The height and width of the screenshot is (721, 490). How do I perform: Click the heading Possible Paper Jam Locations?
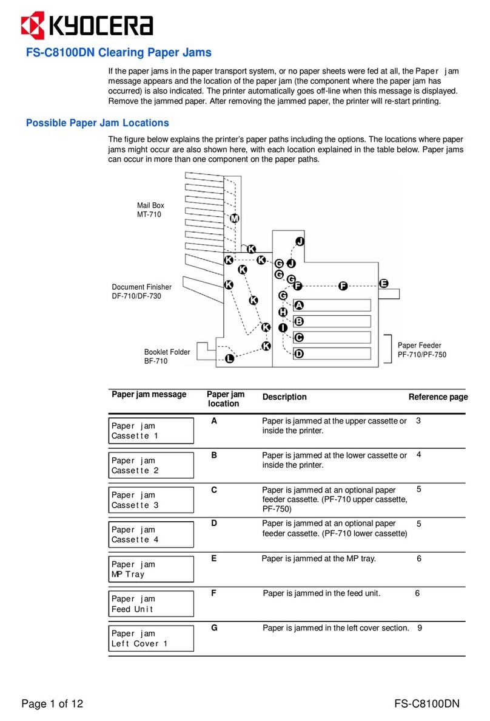[97, 123]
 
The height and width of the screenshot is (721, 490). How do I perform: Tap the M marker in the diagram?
[235, 219]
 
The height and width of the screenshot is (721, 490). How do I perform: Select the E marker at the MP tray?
[383, 283]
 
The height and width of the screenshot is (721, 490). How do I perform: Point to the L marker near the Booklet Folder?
[229, 359]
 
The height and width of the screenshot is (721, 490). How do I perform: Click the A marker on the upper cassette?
[298, 305]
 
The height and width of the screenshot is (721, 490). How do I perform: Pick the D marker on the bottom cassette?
[298, 354]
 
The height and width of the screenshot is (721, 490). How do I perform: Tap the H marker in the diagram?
[283, 312]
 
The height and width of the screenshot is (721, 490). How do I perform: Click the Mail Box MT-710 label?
[150, 210]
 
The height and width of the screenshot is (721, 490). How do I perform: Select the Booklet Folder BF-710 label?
[167, 357]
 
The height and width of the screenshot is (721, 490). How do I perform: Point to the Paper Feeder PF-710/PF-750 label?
[421, 350]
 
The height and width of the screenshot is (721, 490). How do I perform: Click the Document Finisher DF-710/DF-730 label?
[141, 292]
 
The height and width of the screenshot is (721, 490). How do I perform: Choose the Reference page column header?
[438, 397]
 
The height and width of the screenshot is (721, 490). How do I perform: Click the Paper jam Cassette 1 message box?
[151, 431]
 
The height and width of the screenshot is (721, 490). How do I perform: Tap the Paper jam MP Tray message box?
[151, 569]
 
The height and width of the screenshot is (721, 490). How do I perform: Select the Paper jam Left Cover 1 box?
[151, 638]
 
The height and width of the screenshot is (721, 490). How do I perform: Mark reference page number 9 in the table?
[420, 628]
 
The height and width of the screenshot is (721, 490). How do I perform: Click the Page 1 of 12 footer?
[52, 704]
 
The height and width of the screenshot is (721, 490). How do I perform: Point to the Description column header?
[284, 397]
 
